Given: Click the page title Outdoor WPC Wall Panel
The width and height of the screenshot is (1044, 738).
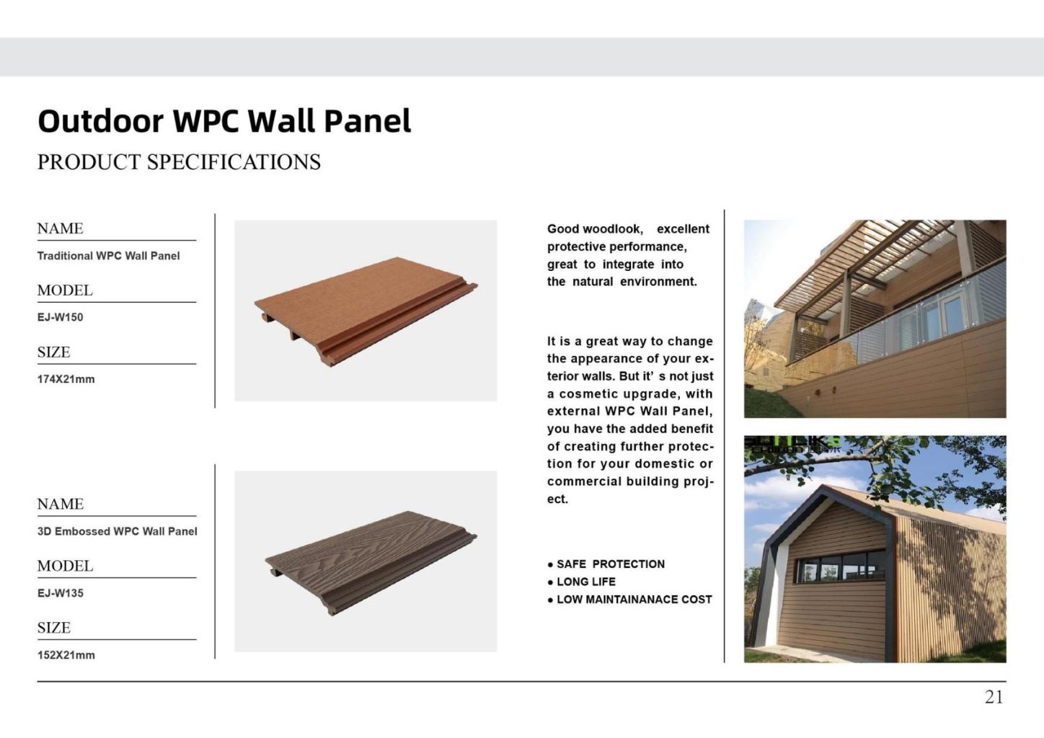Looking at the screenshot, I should coord(224,121).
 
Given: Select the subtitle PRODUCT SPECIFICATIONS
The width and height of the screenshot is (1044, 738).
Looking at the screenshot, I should coord(179,162).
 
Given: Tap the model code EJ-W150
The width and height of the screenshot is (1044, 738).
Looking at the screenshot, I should coord(60,317).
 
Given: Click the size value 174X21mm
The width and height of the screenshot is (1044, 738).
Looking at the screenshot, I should coord(66,379).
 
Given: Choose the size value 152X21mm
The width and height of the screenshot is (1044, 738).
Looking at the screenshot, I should coord(66,655).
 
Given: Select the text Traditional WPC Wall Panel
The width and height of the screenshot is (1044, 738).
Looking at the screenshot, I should coord(108,256).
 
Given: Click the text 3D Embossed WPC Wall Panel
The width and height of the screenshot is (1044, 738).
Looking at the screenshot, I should coord(117,531).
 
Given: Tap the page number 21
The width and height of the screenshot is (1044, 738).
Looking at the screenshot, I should coord(994,697).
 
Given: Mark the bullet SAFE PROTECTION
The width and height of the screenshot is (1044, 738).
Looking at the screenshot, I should coord(610,564).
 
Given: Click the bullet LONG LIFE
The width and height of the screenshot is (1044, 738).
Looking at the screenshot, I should coord(585,582).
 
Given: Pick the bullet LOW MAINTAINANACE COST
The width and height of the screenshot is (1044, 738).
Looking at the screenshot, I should coord(634,600).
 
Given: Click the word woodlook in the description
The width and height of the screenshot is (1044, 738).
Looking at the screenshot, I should coord(611,229).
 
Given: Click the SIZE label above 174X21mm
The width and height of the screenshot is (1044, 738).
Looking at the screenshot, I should coord(53,352).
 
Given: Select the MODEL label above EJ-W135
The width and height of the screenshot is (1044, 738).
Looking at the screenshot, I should coord(65,566).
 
